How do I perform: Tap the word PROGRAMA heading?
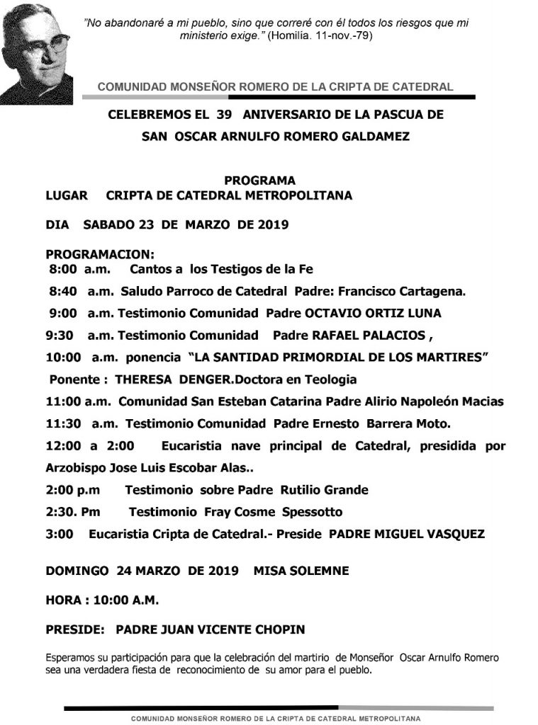pyautogui.click(x=259, y=181)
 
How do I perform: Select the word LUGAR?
pyautogui.click(x=67, y=195)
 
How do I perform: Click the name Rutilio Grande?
pyautogui.click(x=324, y=489)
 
